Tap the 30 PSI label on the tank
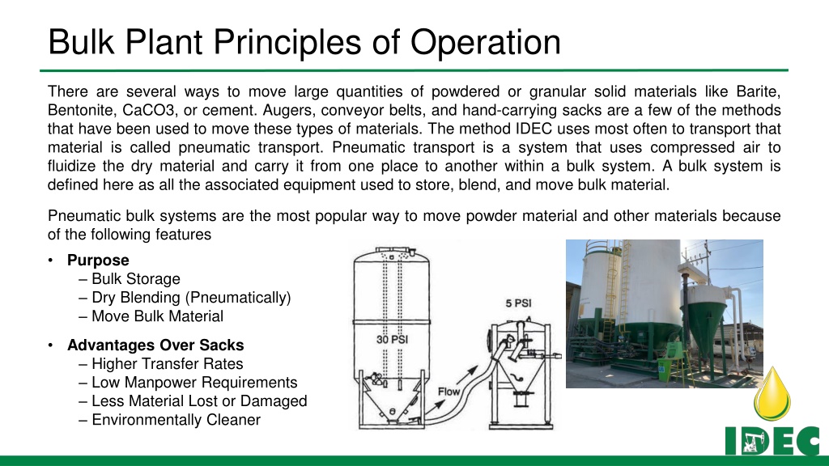393,339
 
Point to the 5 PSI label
518,303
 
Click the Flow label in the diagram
449,392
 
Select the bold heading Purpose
98,261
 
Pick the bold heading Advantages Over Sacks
155,345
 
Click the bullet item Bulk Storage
136,279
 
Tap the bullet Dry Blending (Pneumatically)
191,298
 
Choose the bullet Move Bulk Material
158,316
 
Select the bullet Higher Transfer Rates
167,363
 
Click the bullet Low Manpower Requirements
194,382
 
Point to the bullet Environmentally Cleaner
176,420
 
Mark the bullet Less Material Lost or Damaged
199,401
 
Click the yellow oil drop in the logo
772,394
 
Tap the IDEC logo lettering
772,440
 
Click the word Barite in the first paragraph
758,91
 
